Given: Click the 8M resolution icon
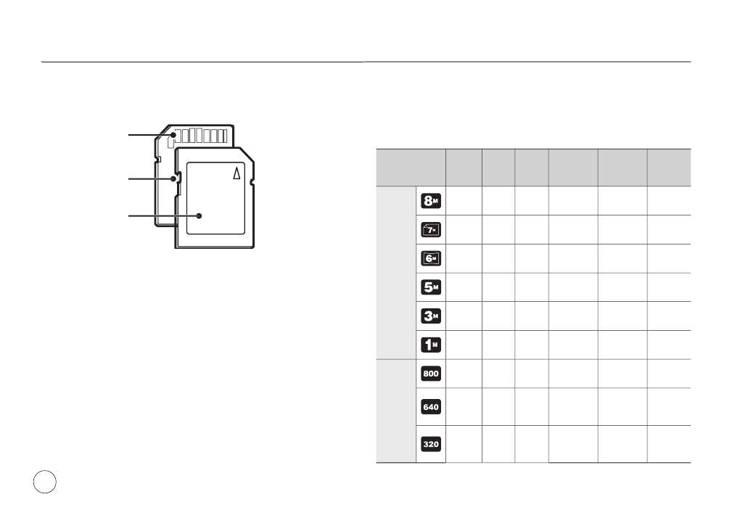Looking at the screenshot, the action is pos(431,201).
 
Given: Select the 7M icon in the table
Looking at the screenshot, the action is pos(431,230).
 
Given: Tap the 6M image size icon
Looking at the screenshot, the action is pos(431,258).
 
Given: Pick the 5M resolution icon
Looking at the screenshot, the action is pos(431,287).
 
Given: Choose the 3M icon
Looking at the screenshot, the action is pos(431,316).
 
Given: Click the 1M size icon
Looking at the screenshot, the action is pos(431,345).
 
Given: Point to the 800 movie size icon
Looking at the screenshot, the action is pos(431,373).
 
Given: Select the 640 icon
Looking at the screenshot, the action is pos(431,407).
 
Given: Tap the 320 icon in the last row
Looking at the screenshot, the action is pos(431,444).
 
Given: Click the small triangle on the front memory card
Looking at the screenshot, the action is pos(237,173).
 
